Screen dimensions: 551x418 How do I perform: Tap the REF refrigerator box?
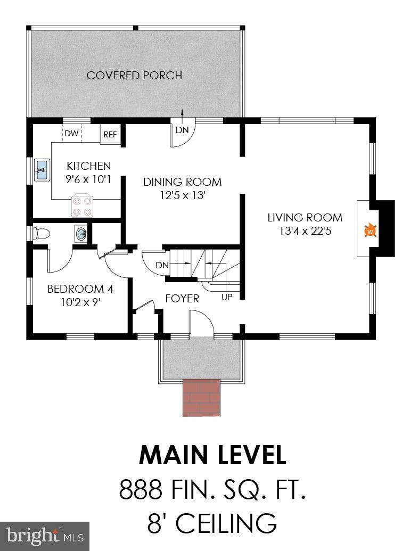point(110,135)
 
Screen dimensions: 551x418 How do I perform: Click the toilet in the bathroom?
point(40,233)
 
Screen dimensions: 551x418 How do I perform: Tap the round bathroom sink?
point(80,233)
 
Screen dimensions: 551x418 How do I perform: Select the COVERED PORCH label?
point(134,76)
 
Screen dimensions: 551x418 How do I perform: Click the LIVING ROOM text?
point(305,218)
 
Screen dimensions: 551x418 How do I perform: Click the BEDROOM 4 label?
point(80,290)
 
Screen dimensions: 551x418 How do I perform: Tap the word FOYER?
point(182,299)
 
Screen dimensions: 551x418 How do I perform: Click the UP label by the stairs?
point(227,297)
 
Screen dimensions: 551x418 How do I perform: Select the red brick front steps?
point(201,397)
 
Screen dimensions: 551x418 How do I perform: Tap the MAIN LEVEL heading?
point(212,456)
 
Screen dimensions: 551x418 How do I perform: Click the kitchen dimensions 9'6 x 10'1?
point(88,179)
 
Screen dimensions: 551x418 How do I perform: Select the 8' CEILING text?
point(212,523)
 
